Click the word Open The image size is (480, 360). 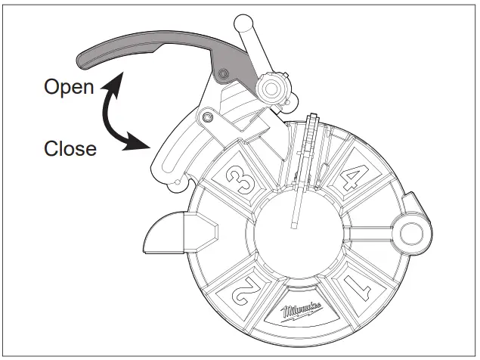69,87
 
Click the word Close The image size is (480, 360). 70,148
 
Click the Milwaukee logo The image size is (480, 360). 302,314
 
